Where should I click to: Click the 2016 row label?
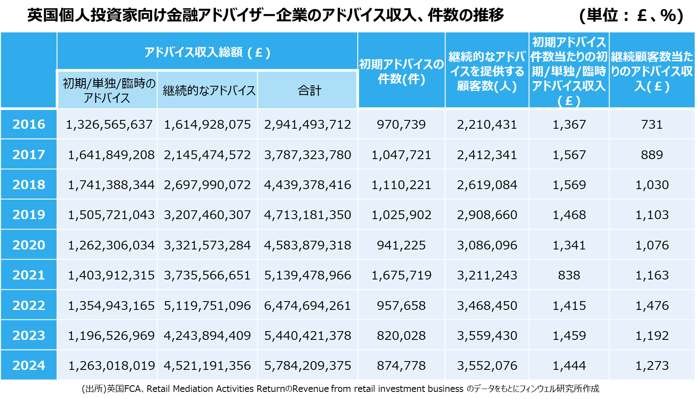tap(29, 124)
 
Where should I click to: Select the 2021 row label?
tap(29, 275)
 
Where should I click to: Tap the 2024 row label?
tap(29, 365)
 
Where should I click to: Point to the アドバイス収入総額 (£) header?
tap(207, 52)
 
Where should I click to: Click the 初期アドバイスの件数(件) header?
tap(401, 71)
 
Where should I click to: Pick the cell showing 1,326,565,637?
tap(109, 125)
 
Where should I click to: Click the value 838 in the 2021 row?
tap(569, 275)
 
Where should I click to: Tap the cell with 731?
tap(652, 125)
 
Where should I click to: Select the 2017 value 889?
tap(652, 155)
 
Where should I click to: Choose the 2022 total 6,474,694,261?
tap(307, 306)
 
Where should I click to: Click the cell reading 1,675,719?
tap(401, 275)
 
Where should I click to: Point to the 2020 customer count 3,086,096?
tap(487, 245)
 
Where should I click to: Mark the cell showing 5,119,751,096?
tap(207, 306)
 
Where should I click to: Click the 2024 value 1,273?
tap(652, 366)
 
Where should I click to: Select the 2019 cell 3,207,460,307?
tap(207, 215)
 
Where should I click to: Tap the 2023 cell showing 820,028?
tap(401, 336)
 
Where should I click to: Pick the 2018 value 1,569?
tap(569, 185)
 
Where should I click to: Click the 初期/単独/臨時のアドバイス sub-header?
tap(107, 90)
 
